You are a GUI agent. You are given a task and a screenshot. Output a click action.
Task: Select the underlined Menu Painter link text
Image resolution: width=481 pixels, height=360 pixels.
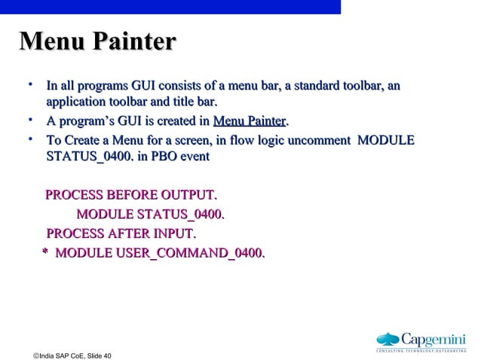(250, 121)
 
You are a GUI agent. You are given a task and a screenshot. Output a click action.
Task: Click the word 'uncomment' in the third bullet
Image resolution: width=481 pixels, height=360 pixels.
(317, 141)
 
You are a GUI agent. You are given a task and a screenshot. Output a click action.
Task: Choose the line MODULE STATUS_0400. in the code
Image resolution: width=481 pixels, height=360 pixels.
(151, 216)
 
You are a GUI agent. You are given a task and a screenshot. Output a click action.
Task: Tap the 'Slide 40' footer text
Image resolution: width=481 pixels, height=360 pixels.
(99, 355)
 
